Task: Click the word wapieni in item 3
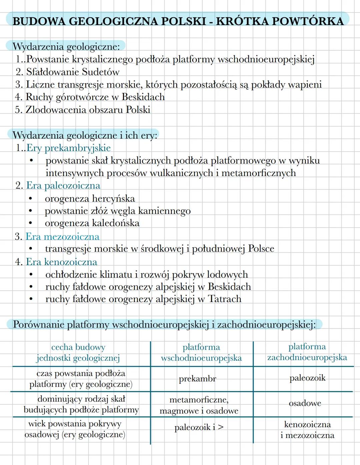click(305, 85)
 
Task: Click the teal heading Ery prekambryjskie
click(68, 148)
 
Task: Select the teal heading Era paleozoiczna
click(63, 186)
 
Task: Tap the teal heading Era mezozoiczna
click(62, 237)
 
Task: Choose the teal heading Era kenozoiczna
click(61, 262)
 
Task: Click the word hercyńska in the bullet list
click(113, 199)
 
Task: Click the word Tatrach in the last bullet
click(224, 299)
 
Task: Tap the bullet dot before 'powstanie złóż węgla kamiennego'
click(31, 211)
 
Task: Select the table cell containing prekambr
click(197, 379)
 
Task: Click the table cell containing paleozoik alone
click(307, 378)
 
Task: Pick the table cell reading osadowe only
click(305, 403)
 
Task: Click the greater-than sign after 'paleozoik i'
click(220, 427)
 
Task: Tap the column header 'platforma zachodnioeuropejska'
click(307, 352)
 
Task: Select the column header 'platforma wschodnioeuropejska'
click(201, 353)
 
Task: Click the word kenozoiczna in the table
click(307, 424)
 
